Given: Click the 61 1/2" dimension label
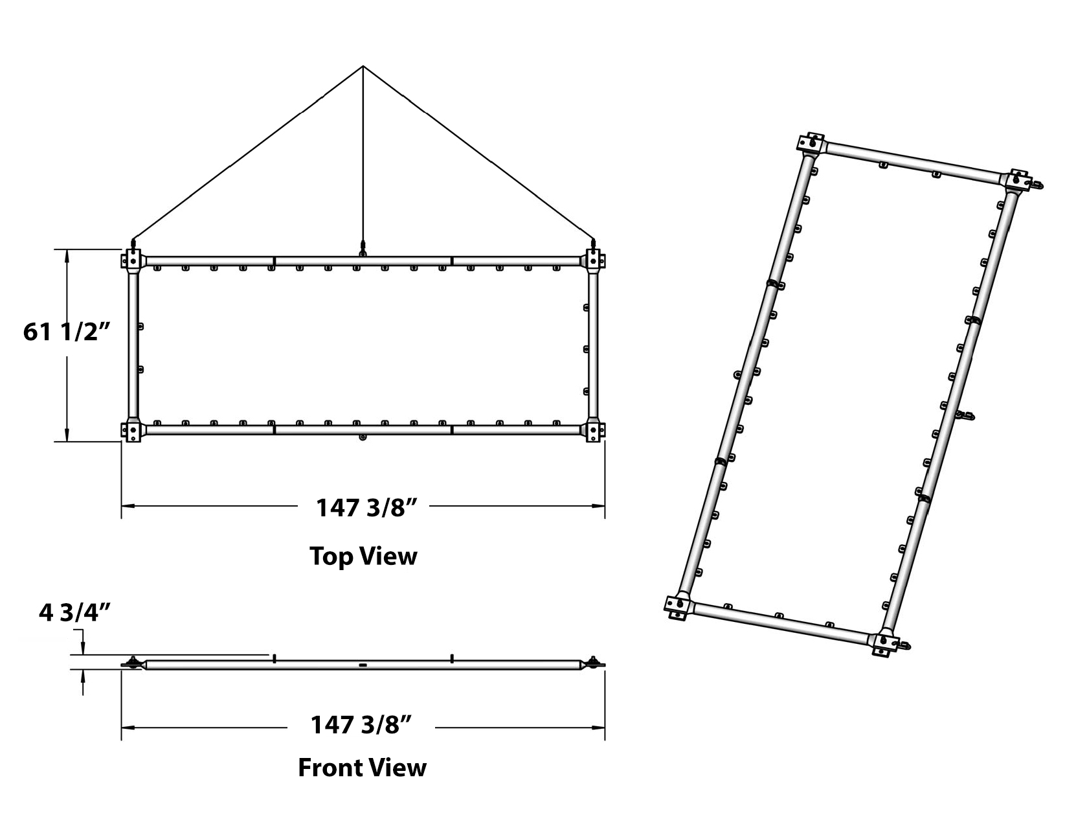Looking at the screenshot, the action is click(66, 332).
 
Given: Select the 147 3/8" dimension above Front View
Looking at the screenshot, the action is click(361, 725).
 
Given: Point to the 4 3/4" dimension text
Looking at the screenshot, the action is click(74, 613).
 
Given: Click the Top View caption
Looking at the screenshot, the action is click(363, 556).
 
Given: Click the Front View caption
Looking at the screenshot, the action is click(362, 768).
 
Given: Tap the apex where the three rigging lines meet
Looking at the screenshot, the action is click(363, 66).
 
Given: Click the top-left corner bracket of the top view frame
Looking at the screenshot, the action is click(133, 260).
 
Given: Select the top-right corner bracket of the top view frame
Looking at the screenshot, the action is click(593, 260).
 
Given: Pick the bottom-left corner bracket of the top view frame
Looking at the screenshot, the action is click(133, 430).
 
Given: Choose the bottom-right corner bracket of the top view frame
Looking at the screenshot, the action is click(593, 430).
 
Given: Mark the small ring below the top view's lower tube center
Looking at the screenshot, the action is click(363, 437).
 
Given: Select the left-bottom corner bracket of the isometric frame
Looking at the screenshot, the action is click(678, 607).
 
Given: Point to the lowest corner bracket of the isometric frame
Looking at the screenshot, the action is click(886, 644).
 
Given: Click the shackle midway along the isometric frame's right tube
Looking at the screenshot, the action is click(967, 416).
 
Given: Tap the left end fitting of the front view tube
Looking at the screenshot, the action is click(134, 663).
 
